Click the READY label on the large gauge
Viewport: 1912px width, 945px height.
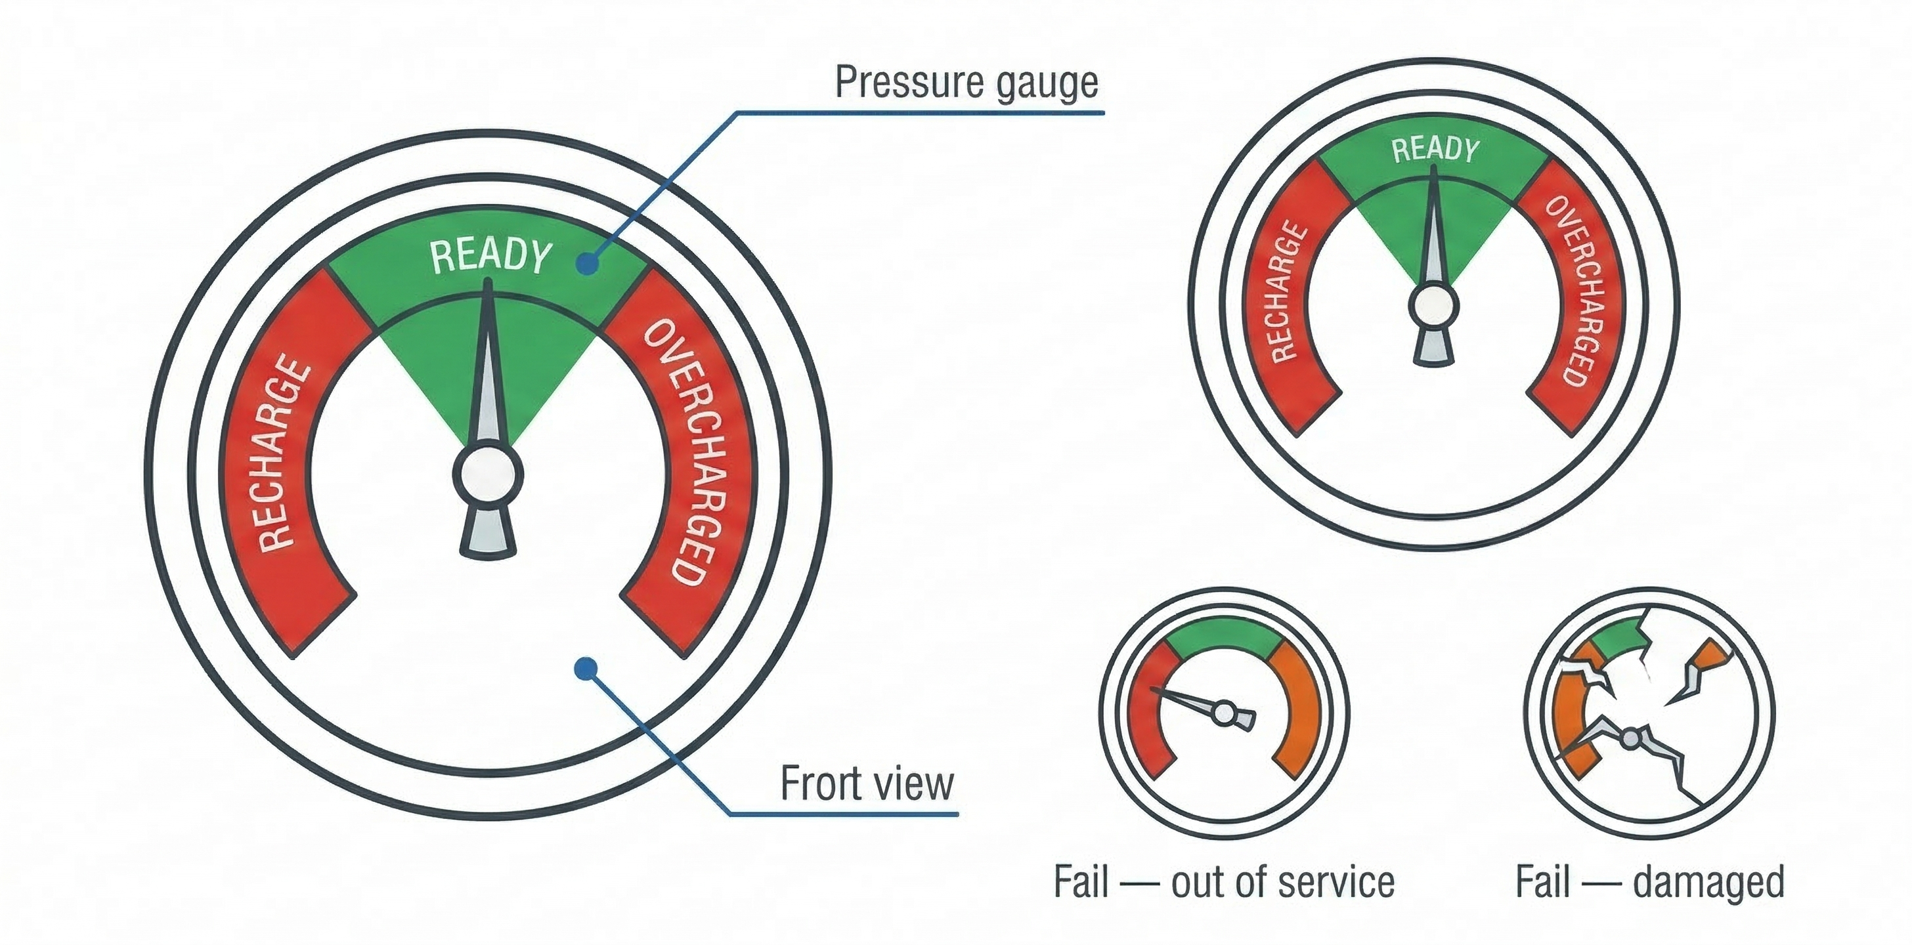coord(490,256)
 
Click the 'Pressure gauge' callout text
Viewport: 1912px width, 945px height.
coord(966,81)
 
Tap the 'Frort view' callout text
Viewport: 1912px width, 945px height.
coord(866,784)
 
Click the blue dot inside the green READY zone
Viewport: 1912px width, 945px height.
coord(587,263)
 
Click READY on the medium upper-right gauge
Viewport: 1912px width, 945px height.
coord(1435,150)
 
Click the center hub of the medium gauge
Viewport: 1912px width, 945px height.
coord(1434,306)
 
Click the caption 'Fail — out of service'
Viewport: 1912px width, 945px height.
coord(1223,882)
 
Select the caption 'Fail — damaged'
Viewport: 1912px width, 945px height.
coord(1649,882)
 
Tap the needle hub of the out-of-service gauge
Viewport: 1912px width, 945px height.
coord(1224,714)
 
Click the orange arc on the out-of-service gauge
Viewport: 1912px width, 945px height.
coord(1298,712)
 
